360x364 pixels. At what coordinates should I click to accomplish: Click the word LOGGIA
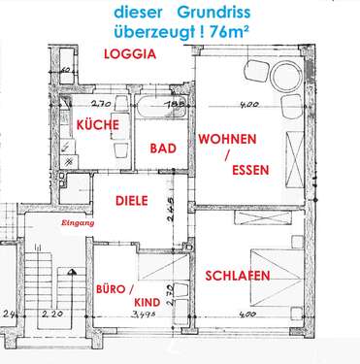pos(130,55)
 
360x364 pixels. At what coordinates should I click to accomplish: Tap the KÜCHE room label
pos(97,125)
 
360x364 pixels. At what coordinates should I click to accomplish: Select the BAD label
pos(162,149)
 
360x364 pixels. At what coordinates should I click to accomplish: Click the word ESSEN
pos(250,171)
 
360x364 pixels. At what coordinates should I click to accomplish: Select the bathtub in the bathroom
pos(160,109)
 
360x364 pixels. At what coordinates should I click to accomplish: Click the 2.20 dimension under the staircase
pos(51,316)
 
